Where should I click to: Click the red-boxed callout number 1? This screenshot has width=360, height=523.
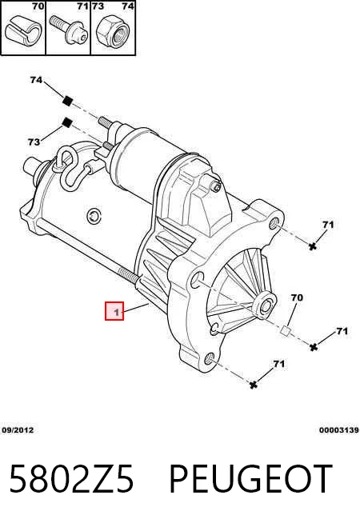tap(114, 311)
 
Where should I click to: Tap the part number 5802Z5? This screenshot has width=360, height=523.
tap(71, 479)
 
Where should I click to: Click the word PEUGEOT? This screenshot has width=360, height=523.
tap(251, 479)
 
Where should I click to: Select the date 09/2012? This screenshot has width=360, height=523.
tap(18, 430)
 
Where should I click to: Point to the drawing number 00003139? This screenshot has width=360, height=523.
tap(338, 430)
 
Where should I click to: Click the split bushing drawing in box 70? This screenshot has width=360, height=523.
tap(22, 30)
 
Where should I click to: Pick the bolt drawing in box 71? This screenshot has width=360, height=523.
tap(69, 30)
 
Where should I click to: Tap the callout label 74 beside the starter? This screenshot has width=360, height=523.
tap(36, 80)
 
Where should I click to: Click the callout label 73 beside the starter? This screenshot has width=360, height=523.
tap(34, 142)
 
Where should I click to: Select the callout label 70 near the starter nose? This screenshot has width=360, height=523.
tap(296, 297)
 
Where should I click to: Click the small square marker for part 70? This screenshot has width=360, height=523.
tap(286, 330)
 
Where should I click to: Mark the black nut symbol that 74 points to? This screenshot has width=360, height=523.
tap(68, 100)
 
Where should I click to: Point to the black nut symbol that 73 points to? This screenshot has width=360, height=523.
tap(68, 122)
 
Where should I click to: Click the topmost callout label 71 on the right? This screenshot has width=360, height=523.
tap(328, 225)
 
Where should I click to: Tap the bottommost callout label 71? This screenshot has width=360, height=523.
tap(279, 364)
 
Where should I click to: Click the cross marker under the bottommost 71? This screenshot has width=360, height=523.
tap(254, 385)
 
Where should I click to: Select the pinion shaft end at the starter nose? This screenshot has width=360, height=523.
tap(266, 305)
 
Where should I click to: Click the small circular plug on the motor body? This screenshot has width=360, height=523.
tap(94, 216)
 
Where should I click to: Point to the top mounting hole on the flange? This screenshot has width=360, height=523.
tap(274, 222)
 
